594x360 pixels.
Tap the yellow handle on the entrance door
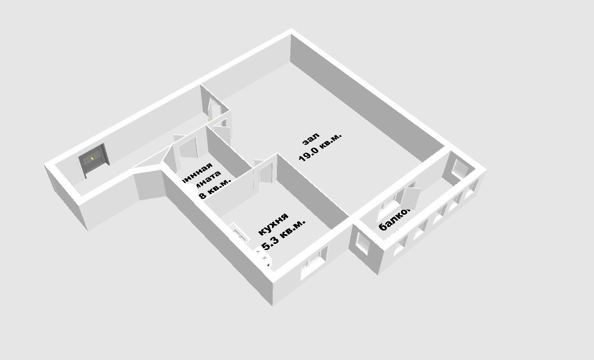[92, 159]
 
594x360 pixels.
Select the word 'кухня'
[273, 224]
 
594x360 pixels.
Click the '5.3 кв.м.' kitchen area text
[283, 236]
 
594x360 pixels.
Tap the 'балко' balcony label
[395, 220]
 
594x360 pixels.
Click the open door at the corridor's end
[214, 107]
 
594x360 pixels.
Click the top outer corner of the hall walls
[291, 32]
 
